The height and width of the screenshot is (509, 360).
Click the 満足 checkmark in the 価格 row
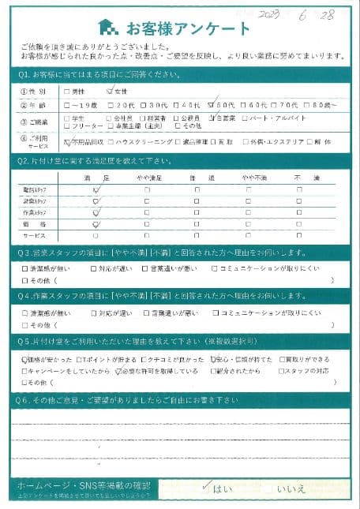point(96,224)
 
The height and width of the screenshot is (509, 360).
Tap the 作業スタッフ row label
point(37,212)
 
